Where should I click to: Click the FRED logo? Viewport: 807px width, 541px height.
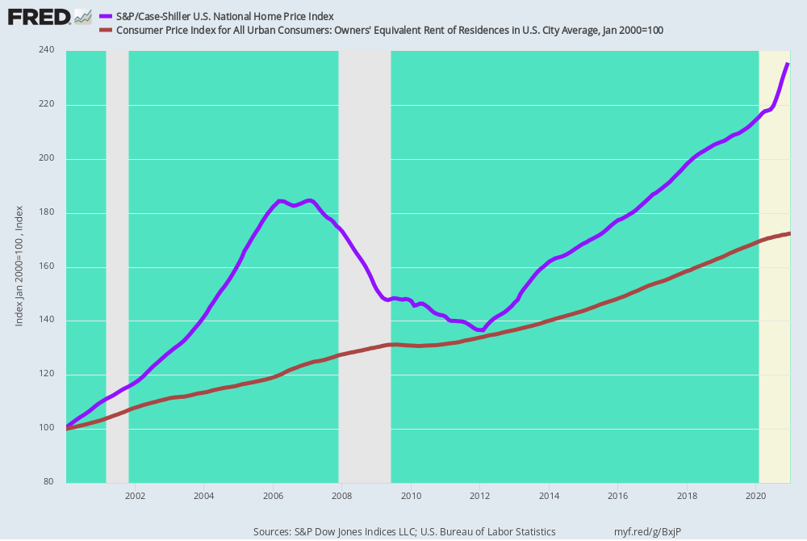tap(50, 17)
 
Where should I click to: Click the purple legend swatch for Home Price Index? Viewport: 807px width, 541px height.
tap(106, 17)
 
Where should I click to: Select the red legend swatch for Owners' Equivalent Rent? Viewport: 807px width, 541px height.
tap(106, 31)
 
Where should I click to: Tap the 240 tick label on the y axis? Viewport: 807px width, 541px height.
tap(46, 50)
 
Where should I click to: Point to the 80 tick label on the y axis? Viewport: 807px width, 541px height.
tap(48, 482)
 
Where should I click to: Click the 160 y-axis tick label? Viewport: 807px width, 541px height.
tap(46, 266)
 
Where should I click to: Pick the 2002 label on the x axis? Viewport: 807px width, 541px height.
tap(136, 497)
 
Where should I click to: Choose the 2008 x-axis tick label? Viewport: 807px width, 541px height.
tap(342, 497)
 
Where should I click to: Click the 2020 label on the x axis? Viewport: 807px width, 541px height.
tap(756, 497)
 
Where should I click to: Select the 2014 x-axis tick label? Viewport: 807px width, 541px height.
tap(549, 497)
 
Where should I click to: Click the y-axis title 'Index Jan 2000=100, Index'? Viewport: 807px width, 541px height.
tap(19, 266)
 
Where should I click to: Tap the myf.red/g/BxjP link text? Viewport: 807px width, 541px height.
tap(647, 532)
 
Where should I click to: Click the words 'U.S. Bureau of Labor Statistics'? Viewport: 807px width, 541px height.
tap(488, 532)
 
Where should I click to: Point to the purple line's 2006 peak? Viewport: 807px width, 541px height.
tap(279, 201)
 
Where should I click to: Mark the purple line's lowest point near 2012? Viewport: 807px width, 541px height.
tap(482, 330)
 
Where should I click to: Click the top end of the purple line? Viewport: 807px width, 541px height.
tap(788, 63)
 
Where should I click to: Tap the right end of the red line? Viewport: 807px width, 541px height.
tap(789, 233)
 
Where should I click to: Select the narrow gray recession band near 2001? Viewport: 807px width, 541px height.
tap(117, 266)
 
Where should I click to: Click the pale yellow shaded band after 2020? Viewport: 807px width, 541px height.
tap(775, 266)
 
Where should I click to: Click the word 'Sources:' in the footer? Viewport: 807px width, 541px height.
tap(272, 532)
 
